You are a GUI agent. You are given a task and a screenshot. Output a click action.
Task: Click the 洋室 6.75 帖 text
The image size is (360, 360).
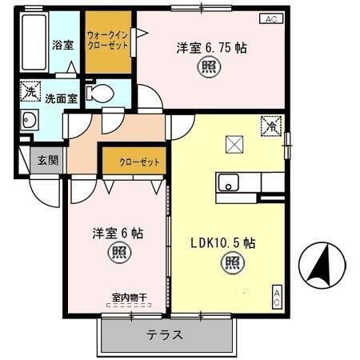211,47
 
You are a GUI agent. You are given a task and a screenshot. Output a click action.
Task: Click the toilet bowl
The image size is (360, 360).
100,94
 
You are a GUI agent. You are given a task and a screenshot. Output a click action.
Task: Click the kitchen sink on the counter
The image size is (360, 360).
230,182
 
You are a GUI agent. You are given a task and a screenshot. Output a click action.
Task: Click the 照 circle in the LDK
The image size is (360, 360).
230,261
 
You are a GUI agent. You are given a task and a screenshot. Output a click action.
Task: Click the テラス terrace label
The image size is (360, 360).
165,334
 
